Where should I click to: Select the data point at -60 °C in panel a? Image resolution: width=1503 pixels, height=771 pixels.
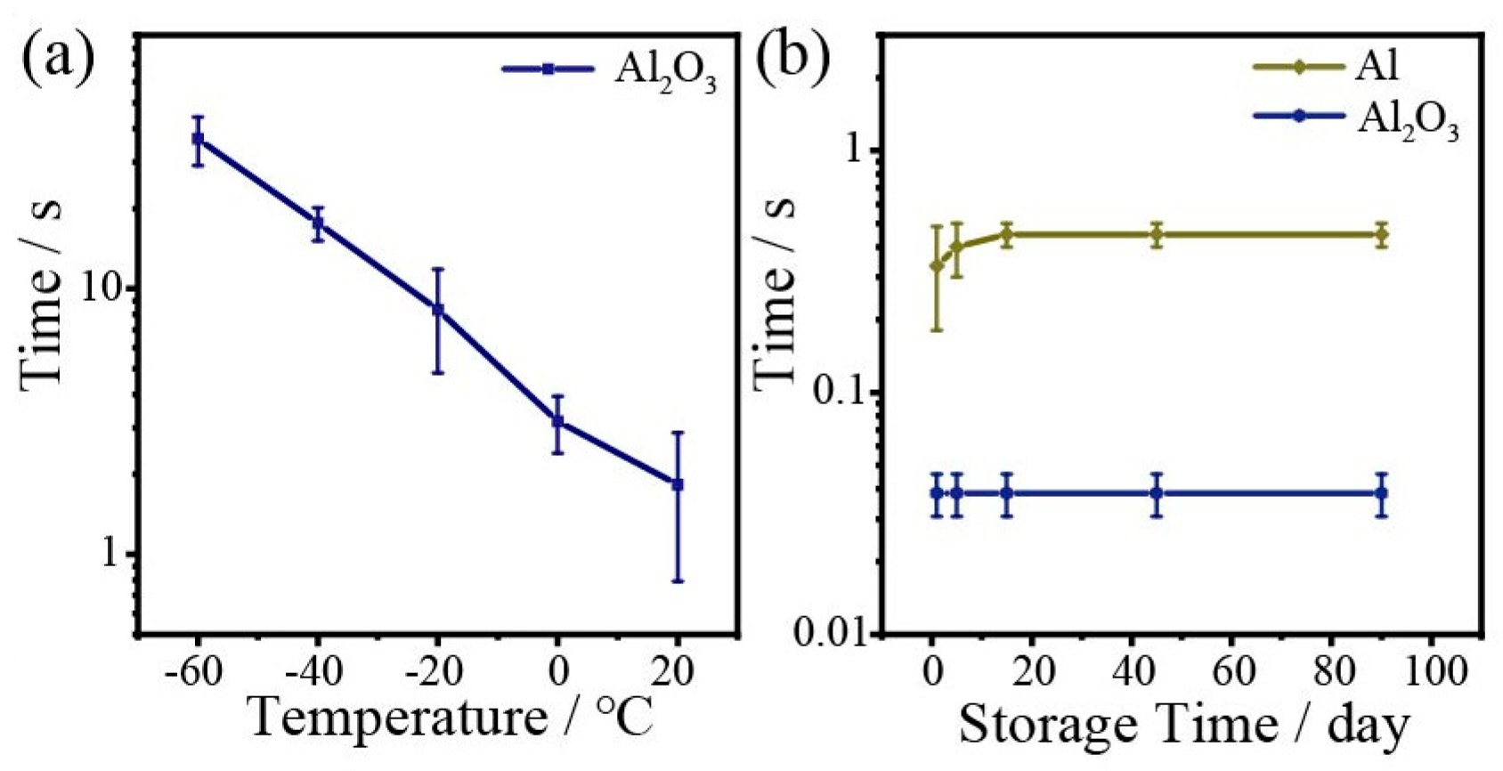198,139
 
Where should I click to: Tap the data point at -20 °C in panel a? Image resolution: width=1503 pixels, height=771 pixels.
437,310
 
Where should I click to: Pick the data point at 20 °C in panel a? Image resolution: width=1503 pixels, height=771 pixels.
678,484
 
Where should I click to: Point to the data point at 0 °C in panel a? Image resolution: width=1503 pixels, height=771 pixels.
557,421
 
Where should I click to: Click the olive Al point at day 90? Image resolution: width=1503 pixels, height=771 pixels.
1381,236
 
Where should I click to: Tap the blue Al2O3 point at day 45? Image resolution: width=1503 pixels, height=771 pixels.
1156,493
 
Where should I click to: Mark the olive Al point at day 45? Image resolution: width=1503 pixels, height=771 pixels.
1156,236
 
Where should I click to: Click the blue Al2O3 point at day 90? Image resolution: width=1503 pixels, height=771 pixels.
1381,493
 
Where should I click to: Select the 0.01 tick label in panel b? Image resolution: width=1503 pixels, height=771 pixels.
829,634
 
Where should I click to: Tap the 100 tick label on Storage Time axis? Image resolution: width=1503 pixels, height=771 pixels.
1430,672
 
